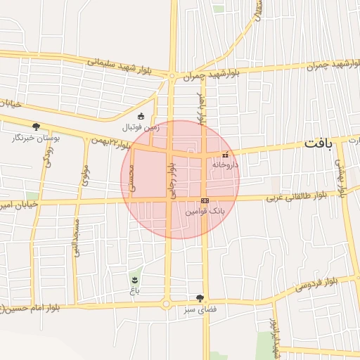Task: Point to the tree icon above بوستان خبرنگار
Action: [36, 127]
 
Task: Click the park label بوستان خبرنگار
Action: [36, 138]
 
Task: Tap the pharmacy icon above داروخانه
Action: [225, 155]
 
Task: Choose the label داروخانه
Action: [225, 165]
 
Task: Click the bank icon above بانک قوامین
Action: [205, 200]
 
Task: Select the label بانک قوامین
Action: [202, 210]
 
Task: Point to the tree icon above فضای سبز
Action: [200, 298]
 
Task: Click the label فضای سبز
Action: [200, 309]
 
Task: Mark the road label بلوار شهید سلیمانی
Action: [117, 65]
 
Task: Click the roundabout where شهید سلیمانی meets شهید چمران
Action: [172, 75]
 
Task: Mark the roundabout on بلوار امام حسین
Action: [167, 304]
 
